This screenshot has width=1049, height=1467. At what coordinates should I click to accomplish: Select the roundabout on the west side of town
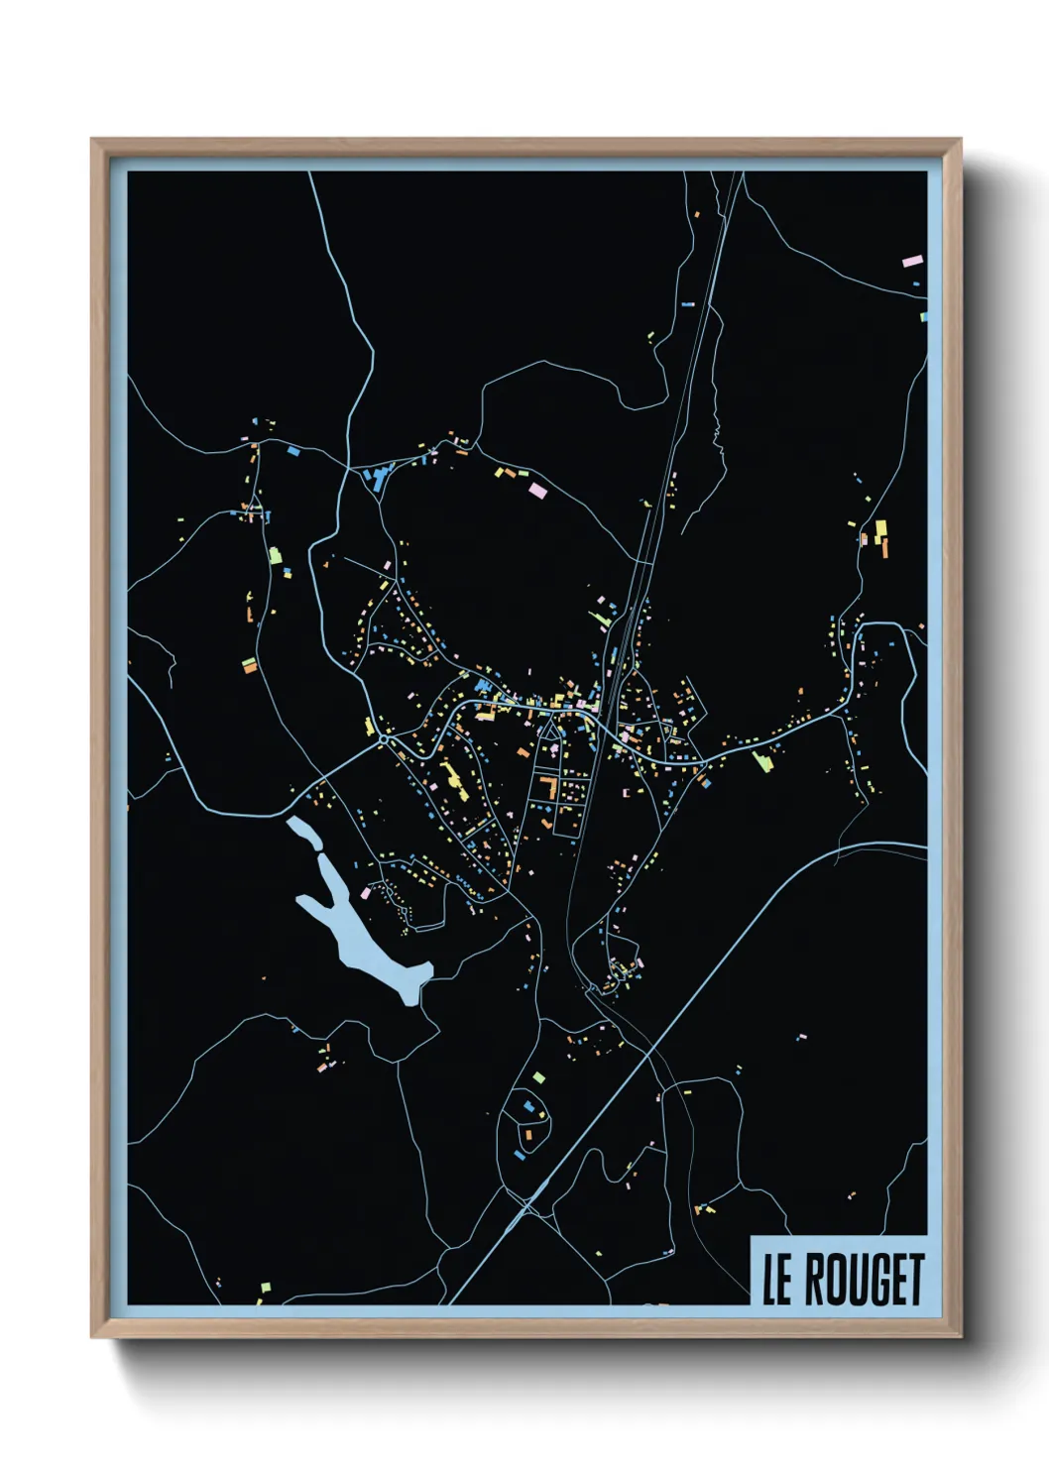tap(384, 739)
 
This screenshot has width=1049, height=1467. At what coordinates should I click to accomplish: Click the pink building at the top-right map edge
tap(911, 263)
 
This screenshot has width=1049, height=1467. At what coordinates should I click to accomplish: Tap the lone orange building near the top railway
tap(697, 214)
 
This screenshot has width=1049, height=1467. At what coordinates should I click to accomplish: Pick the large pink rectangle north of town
tap(538, 489)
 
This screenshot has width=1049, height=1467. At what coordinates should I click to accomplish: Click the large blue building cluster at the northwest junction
tap(378, 478)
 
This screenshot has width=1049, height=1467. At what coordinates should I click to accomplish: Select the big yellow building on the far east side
tap(879, 531)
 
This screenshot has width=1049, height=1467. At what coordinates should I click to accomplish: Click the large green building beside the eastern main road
tap(762, 761)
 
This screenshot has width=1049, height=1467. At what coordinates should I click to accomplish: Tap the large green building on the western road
tap(276, 555)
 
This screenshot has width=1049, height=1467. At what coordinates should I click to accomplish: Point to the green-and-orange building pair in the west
tap(248, 665)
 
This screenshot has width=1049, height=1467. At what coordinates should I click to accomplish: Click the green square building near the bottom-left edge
tap(265, 1289)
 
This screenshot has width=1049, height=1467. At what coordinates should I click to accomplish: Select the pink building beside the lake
tap(365, 892)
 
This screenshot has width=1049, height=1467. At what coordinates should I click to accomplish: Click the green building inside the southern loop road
tap(538, 1076)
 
